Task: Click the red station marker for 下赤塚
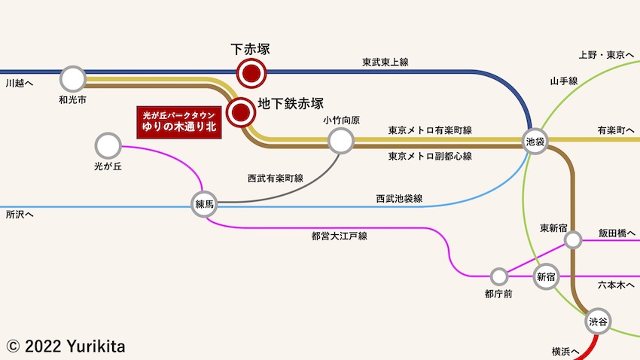pos(250,73)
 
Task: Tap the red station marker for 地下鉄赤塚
pos(241,111)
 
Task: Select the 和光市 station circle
pos(73,78)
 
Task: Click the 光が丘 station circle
pos(108,145)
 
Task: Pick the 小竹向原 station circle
pos(341,139)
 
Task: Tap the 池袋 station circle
pos(535,142)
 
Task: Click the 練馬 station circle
pos(205,204)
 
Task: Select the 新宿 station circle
pos(546,277)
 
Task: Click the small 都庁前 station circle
pos(499,276)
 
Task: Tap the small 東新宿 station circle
pos(573,240)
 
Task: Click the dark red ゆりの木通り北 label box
pos(179,122)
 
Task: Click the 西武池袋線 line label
pos(399,199)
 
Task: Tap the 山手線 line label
pos(563,81)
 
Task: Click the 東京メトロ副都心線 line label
pos(430,156)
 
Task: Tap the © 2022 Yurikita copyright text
pos(66,346)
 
